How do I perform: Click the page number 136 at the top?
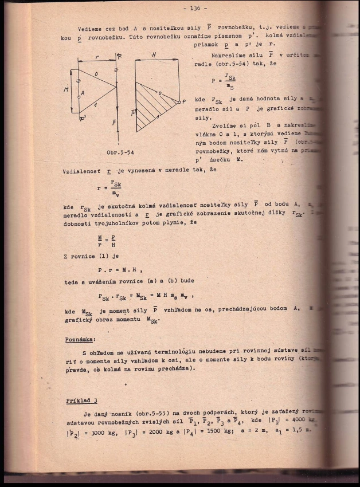click(x=195, y=8)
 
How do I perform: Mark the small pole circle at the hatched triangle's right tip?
click(x=178, y=101)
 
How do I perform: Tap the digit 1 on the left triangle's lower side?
click(x=95, y=104)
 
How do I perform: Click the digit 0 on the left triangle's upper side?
click(x=96, y=74)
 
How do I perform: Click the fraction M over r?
click(x=99, y=241)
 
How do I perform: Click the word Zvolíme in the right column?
click(x=225, y=125)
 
